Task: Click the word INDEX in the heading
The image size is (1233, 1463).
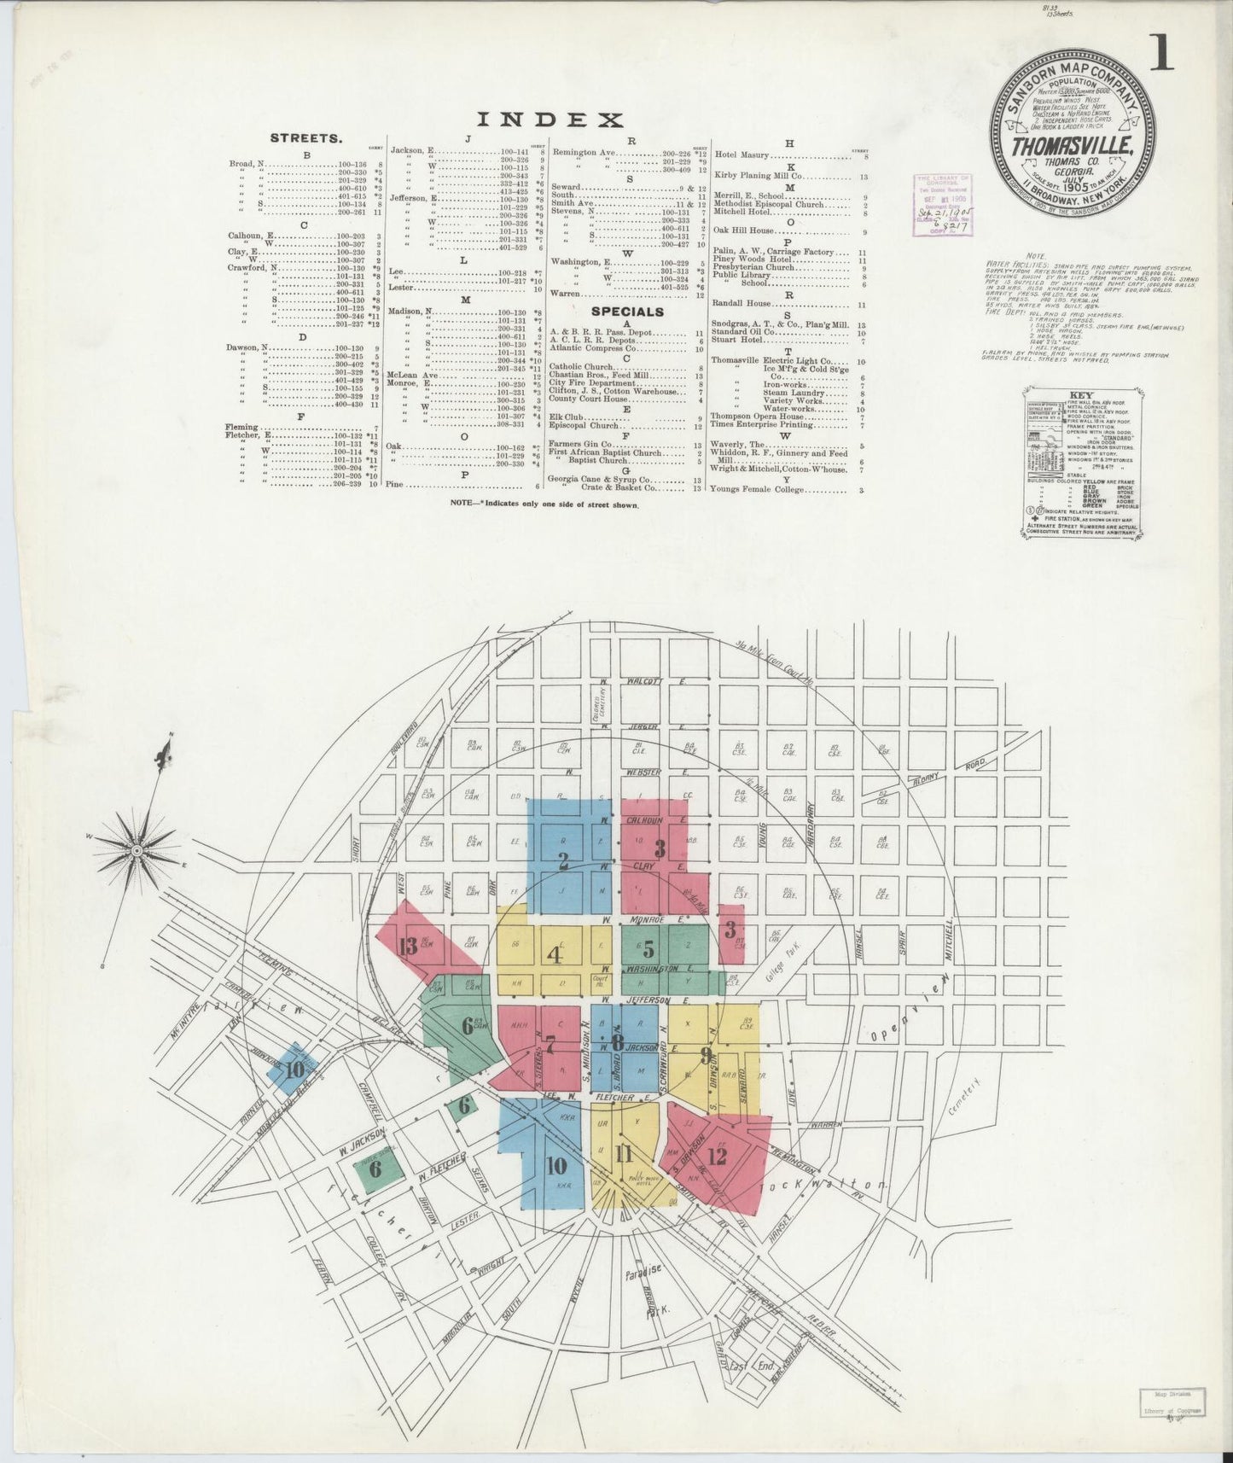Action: pyautogui.click(x=550, y=119)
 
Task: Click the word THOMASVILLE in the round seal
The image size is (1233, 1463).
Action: pyautogui.click(x=1072, y=146)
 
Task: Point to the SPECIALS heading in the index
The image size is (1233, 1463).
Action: pyautogui.click(x=627, y=312)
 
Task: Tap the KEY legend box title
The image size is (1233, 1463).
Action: pyautogui.click(x=1083, y=395)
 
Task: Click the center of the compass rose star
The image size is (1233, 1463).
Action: pyautogui.click(x=136, y=851)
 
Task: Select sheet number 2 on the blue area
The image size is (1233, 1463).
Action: pyautogui.click(x=563, y=860)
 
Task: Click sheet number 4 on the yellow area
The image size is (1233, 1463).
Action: pyautogui.click(x=555, y=953)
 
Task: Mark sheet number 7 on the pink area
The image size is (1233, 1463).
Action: pyautogui.click(x=550, y=1043)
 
